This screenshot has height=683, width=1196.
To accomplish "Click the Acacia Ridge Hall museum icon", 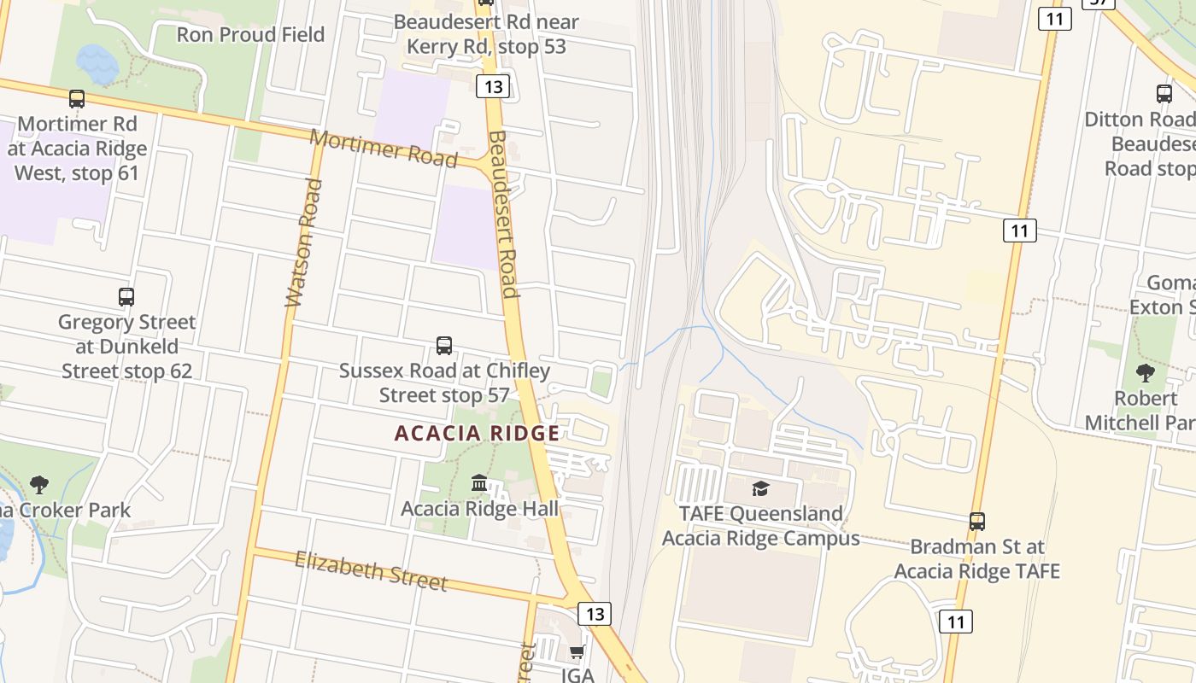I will (479, 484).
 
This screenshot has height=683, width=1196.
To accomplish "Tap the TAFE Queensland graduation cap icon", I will (759, 488).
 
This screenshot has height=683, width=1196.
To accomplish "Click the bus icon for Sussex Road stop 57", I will (444, 346).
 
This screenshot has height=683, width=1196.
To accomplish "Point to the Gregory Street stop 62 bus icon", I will (126, 297).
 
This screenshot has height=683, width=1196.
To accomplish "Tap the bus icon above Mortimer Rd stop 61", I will (77, 99).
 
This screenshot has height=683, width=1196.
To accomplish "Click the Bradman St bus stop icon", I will (976, 521).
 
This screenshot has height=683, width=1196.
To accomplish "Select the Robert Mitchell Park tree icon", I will (1145, 373).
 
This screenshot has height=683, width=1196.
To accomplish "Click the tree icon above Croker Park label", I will (39, 485).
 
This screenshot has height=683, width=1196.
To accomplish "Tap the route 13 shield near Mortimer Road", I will (494, 86).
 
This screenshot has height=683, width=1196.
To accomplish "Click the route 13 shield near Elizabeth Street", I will (595, 613).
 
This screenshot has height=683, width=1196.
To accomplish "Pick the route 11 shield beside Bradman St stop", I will (955, 622).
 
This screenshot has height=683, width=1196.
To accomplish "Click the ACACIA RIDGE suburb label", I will (477, 433).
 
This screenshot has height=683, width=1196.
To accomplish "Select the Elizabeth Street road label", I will (371, 570).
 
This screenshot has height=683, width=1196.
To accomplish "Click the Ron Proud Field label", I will (250, 34).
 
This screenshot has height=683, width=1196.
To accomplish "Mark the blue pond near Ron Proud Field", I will (97, 64).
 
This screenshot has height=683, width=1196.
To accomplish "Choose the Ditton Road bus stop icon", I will (1164, 94).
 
